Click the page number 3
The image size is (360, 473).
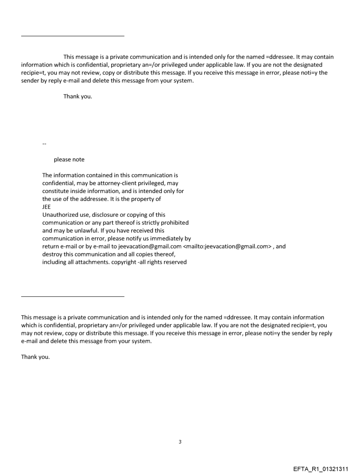click(x=180, y=442)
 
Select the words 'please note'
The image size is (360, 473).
click(x=69, y=160)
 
